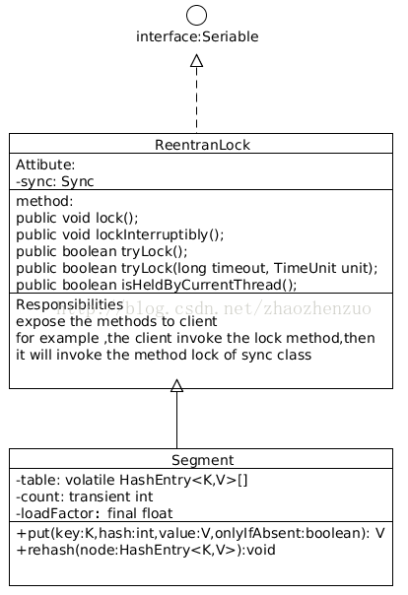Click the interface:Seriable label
197,36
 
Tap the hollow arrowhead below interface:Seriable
196,61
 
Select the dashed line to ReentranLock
196,100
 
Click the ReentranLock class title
202,145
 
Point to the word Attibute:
45,165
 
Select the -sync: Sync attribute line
54,182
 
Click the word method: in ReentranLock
44,201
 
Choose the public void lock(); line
77,218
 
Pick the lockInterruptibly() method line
120,234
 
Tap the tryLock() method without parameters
102,251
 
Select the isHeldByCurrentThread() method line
157,285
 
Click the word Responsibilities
69,304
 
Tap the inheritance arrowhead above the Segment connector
176,385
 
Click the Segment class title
202,460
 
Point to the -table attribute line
132,480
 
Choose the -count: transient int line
84,496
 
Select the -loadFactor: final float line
95,513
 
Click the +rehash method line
146,550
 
